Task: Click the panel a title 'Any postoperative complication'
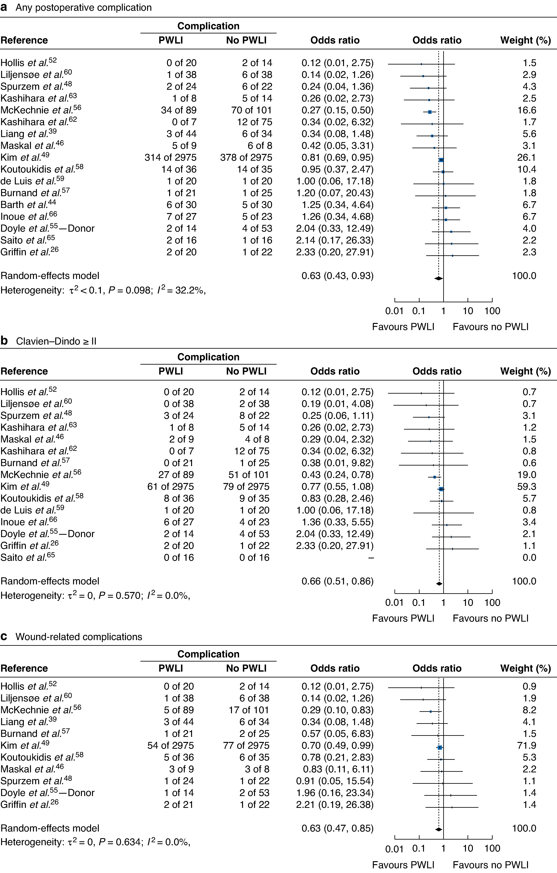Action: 83,8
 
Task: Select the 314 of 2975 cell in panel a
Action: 171,158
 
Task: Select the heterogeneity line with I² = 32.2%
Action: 103,290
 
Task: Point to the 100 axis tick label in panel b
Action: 492,603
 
